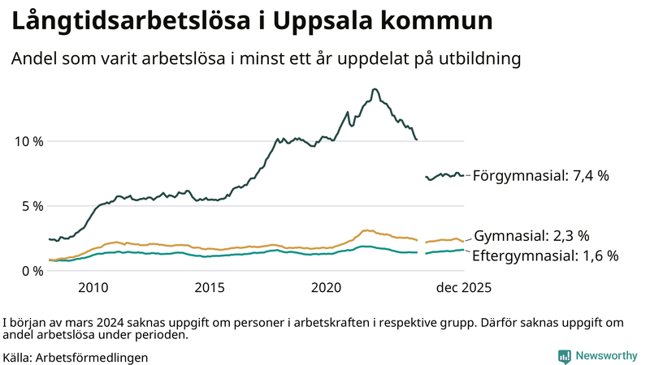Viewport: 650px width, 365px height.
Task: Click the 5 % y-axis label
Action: pyautogui.click(x=32, y=206)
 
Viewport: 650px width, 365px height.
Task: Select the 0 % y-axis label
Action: pyautogui.click(x=32, y=271)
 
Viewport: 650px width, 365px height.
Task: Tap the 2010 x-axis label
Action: pyautogui.click(x=93, y=288)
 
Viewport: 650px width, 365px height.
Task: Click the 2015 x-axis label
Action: pyautogui.click(x=210, y=288)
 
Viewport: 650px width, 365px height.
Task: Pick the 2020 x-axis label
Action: pyautogui.click(x=326, y=288)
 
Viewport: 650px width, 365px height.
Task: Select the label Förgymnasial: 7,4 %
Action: pyautogui.click(x=540, y=175)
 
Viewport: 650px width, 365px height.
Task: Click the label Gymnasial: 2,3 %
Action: pyautogui.click(x=531, y=236)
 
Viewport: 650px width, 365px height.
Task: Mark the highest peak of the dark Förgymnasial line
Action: pyautogui.click(x=374, y=89)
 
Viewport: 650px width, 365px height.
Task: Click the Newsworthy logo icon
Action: pyautogui.click(x=564, y=356)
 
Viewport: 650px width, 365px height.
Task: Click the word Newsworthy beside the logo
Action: pyautogui.click(x=606, y=356)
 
